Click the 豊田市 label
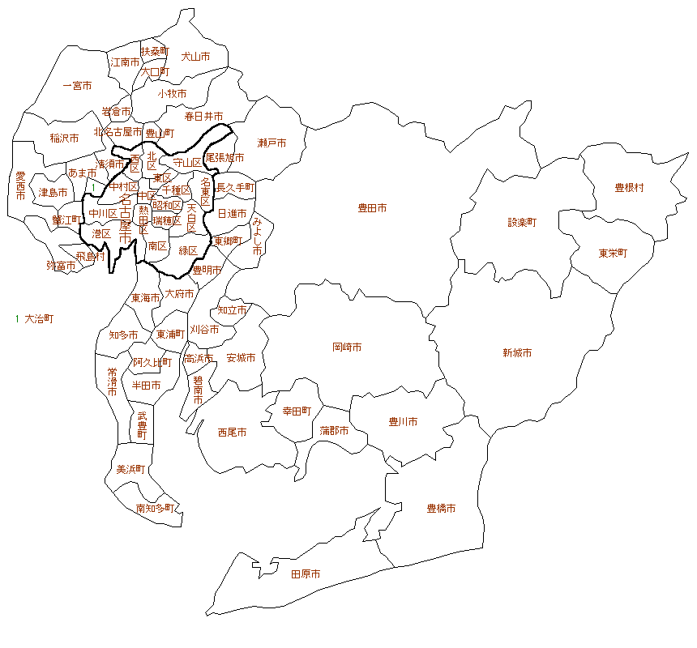coord(372,208)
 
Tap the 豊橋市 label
coord(441,509)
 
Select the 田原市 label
coord(306,573)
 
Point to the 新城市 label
coord(517,352)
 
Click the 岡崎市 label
coord(347,347)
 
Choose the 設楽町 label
coord(522,221)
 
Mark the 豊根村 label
coord(629,187)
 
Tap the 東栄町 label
coord(613,253)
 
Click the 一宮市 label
coord(77,85)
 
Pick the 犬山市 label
coord(195,57)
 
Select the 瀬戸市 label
coord(272,143)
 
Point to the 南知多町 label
coord(154,509)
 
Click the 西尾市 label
coord(232,433)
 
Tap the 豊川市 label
coord(403,421)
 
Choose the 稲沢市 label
coord(64,138)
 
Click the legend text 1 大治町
coord(34,319)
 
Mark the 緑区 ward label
coord(188,249)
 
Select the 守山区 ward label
coord(187,163)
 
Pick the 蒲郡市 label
coord(333,430)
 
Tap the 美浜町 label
coord(130,469)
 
